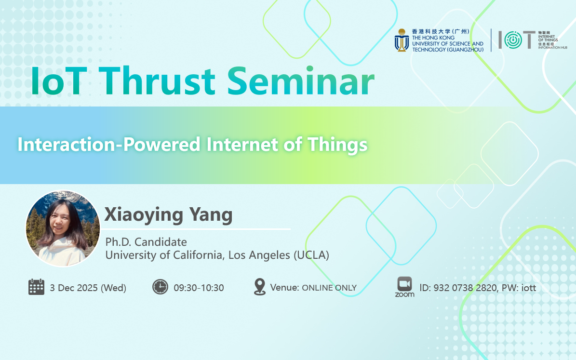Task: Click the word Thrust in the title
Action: pyautogui.click(x=157, y=81)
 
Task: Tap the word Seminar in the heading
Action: pyautogui.click(x=301, y=81)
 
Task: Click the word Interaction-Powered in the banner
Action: pyautogui.click(x=109, y=144)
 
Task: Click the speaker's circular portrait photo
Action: pyautogui.click(x=63, y=228)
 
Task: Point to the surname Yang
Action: pyautogui.click(x=211, y=215)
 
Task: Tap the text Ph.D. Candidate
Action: pyautogui.click(x=146, y=242)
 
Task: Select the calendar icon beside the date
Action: pyautogui.click(x=36, y=287)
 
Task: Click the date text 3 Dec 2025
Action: pyautogui.click(x=73, y=288)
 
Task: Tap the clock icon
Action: pyautogui.click(x=160, y=287)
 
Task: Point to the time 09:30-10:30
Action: pyautogui.click(x=199, y=288)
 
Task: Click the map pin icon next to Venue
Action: pyautogui.click(x=260, y=287)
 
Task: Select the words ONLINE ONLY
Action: pyautogui.click(x=329, y=288)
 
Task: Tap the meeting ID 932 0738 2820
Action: pyautogui.click(x=465, y=288)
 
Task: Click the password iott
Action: pyautogui.click(x=529, y=288)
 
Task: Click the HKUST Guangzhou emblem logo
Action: pyautogui.click(x=402, y=40)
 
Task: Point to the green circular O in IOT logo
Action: pyautogui.click(x=513, y=40)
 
